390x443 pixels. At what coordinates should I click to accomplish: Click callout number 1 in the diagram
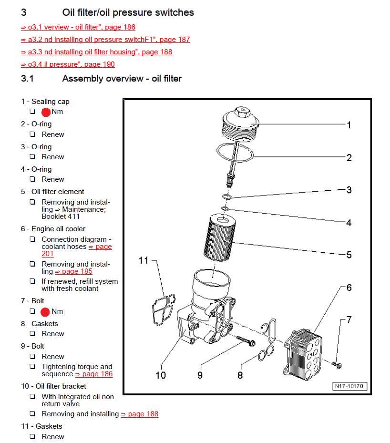349,125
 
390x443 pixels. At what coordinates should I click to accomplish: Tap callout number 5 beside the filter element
349,255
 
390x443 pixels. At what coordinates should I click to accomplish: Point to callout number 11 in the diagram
144,260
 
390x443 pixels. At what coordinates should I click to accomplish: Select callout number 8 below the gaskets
240,375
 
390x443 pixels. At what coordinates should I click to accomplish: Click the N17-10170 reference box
350,386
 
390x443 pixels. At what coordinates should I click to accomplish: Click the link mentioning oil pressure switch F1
105,40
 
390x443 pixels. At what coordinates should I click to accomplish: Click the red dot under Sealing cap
46,112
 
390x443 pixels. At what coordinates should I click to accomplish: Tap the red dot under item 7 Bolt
45,312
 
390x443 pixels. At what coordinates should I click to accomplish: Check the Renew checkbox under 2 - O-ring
32,134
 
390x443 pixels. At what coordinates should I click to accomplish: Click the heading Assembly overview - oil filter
122,78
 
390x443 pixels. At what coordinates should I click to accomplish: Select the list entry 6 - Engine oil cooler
53,229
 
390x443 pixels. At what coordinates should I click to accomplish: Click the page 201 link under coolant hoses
48,254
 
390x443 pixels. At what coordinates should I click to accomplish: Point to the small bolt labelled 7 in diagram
338,365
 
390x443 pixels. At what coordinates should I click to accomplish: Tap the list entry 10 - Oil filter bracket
53,386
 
